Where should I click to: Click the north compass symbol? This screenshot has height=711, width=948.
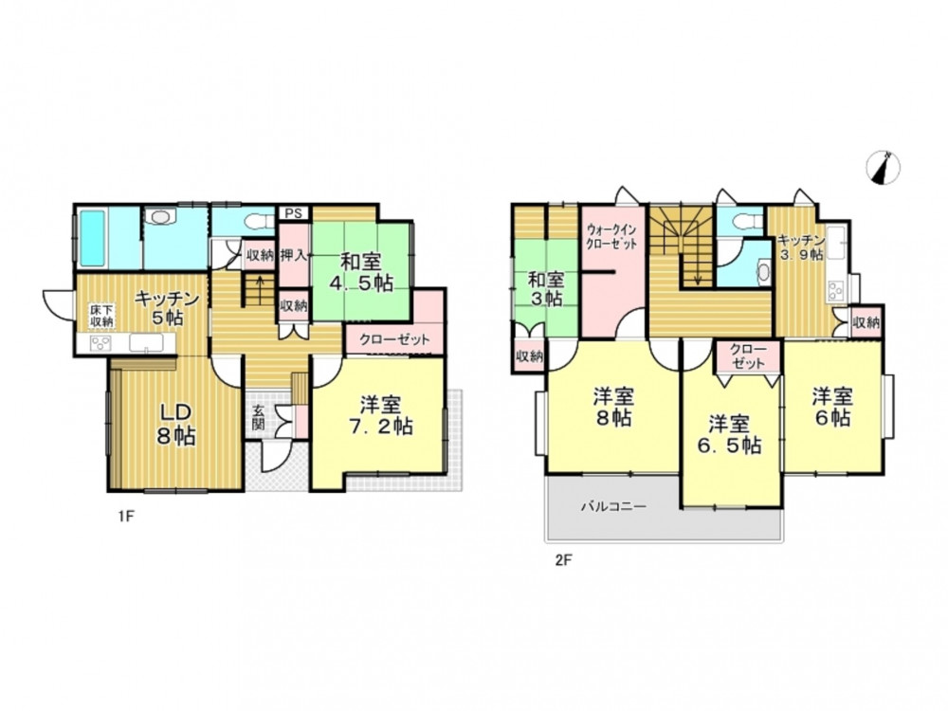(884, 168)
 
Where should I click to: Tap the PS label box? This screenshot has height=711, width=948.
(294, 213)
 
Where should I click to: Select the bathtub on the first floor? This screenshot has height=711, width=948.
(94, 239)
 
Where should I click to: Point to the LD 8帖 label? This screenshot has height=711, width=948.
(176, 425)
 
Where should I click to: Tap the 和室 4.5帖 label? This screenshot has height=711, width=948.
(360, 273)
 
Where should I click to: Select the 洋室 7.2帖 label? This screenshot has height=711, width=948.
(380, 415)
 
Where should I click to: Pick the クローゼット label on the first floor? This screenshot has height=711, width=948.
(394, 339)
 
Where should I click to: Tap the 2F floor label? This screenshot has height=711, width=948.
(563, 560)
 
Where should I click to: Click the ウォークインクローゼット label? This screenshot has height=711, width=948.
(611, 237)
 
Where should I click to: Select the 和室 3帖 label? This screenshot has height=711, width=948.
(546, 289)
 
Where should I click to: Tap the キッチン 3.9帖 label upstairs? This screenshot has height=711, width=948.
(801, 247)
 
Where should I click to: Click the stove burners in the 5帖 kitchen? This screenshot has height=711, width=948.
(100, 343)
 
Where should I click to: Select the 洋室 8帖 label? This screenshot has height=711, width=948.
(613, 408)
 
